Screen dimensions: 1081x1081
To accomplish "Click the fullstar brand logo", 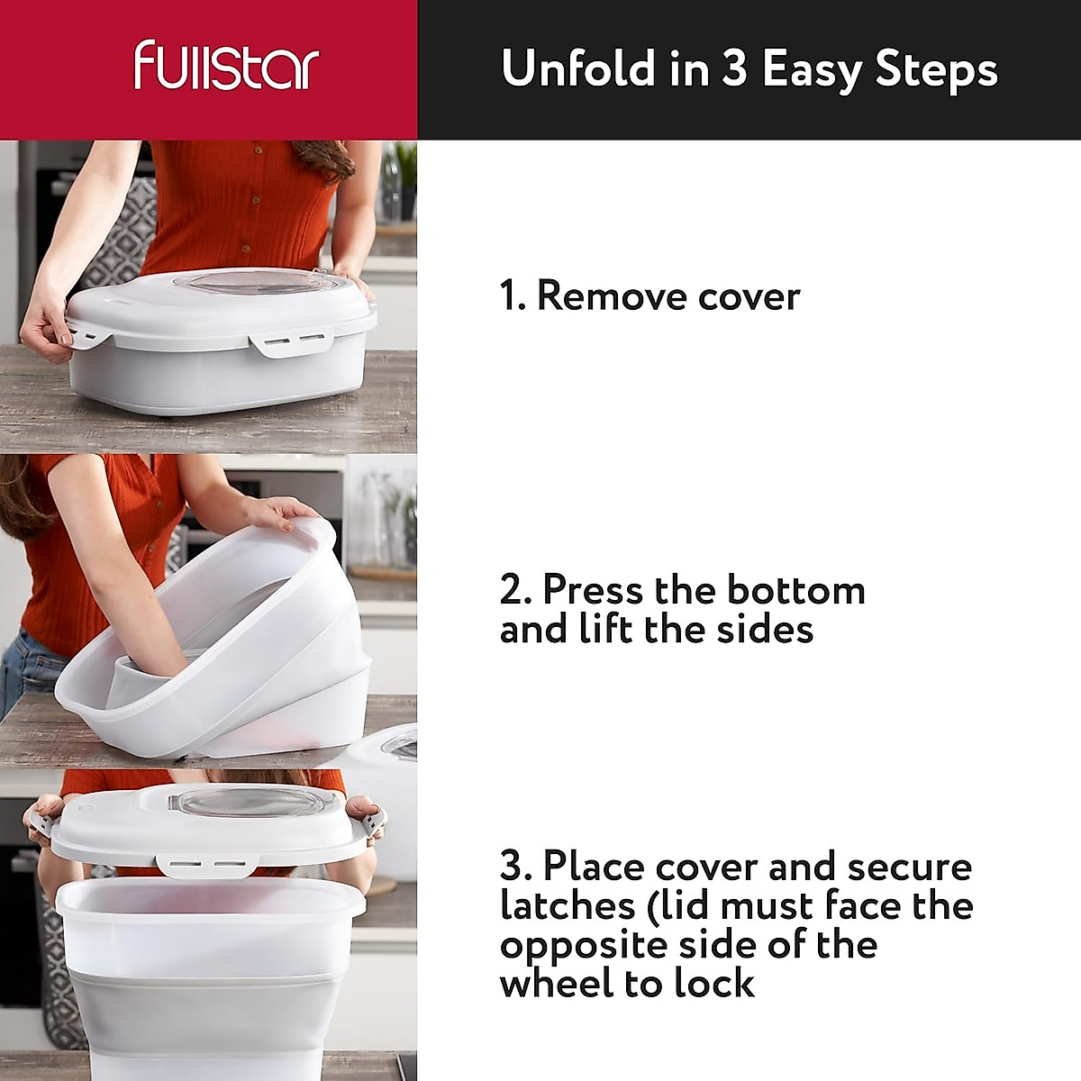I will [226, 66].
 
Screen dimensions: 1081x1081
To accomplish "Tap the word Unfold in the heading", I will [577, 68].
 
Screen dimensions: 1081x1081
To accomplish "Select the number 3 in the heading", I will [733, 68].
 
